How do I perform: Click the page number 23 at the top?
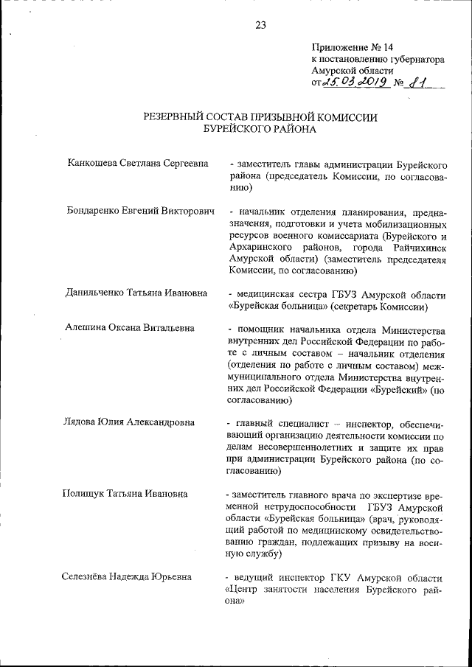coord(260,25)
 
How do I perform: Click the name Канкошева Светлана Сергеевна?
coord(136,163)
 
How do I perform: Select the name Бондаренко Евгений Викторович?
coord(140,211)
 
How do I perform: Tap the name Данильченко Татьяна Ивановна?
coord(137,294)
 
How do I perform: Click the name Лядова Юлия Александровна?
coord(130,423)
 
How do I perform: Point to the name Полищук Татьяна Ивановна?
coord(125,494)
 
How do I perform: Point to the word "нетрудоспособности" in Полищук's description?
coord(306,506)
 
